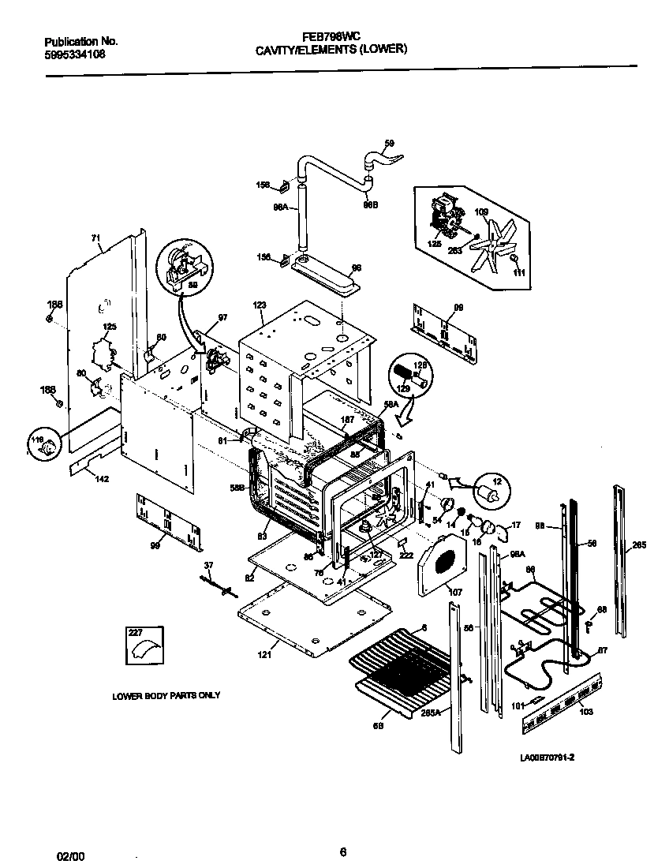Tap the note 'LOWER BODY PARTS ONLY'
[x=166, y=696]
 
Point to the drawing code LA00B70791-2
[x=547, y=758]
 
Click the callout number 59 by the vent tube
[x=388, y=143]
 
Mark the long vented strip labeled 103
[x=561, y=702]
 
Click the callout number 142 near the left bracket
[x=102, y=479]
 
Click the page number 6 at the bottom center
[x=342, y=851]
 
